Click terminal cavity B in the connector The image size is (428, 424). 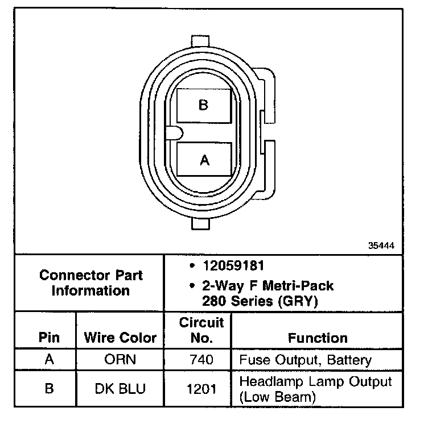tap(203, 105)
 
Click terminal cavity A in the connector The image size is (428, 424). tap(204, 160)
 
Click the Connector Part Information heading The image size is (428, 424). tap(91, 283)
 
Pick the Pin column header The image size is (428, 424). tap(49, 338)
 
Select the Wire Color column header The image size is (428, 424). tap(120, 338)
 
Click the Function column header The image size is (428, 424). tap(318, 338)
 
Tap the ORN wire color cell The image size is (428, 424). tap(120, 360)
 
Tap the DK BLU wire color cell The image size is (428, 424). tap(120, 389)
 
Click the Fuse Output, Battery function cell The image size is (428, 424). tap(305, 360)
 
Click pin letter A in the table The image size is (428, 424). tap(49, 360)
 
